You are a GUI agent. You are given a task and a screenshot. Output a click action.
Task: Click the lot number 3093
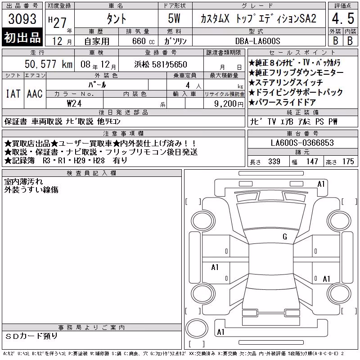coord(22,19)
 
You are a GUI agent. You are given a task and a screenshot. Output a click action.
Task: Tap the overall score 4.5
coord(343,18)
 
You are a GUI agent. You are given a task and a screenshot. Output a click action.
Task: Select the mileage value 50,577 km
coord(49,64)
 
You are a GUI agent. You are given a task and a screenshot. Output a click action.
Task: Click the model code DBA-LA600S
coord(257,41)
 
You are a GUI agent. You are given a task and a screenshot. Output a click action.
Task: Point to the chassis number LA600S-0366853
coord(302,143)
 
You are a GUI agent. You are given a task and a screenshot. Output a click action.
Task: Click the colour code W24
coord(74,103)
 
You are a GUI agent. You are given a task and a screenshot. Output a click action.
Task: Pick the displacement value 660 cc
coord(143,41)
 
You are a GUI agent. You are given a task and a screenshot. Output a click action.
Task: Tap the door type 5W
coord(174,18)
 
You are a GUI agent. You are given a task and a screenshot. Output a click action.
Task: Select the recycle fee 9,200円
coord(229,104)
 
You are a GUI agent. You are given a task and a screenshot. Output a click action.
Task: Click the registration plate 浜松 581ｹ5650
coord(161,64)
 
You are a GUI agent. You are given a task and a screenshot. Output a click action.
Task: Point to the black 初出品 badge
coord(22,37)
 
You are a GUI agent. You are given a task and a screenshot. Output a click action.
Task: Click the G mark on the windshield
coord(285,237)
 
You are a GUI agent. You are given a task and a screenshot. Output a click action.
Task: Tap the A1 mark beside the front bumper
coord(321,184)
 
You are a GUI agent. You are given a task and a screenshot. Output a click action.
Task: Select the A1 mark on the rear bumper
coord(220,332)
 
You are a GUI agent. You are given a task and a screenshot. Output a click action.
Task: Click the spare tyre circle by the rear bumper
coord(197,329)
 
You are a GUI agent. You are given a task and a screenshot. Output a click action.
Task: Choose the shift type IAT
coord(13,94)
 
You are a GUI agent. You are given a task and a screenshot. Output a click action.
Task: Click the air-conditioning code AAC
coord(35,94)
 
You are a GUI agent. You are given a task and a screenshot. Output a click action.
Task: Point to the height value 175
coord(348,162)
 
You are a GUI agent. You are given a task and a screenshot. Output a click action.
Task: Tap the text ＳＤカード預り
coord(31,336)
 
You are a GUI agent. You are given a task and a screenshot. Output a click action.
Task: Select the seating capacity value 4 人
coord(193,85)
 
